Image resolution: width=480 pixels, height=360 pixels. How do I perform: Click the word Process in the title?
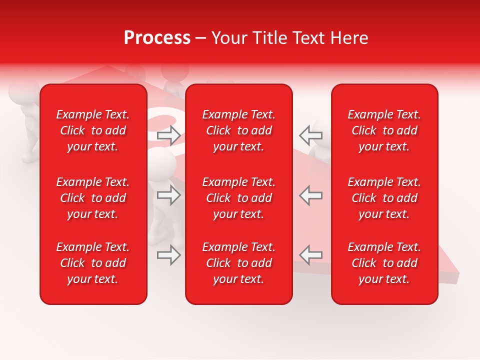(157, 38)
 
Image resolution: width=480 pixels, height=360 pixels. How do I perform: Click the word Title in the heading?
(269, 38)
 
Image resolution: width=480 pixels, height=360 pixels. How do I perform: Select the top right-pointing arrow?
(169, 134)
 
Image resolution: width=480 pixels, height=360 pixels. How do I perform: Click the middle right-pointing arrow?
(169, 195)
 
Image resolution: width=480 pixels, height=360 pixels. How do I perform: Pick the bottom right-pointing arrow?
(169, 255)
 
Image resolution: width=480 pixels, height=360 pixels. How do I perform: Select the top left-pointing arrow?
(310, 134)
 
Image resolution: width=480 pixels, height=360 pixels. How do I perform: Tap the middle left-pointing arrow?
(310, 195)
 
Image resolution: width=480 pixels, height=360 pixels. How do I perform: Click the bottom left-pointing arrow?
(310, 254)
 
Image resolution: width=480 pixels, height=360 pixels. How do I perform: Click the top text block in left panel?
(93, 130)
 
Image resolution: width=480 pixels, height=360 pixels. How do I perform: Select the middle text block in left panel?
(93, 198)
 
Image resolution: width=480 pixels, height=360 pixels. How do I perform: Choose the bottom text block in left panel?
(93, 263)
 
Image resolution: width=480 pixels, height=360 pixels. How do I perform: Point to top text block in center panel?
(238, 130)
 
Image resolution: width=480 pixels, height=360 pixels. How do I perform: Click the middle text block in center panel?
(238, 198)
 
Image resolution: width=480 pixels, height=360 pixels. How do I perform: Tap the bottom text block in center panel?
(238, 263)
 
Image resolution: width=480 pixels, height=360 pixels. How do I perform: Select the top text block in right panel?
(384, 130)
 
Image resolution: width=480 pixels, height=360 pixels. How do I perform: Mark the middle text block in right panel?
(384, 198)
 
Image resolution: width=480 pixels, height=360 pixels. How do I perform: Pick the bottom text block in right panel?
(384, 263)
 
